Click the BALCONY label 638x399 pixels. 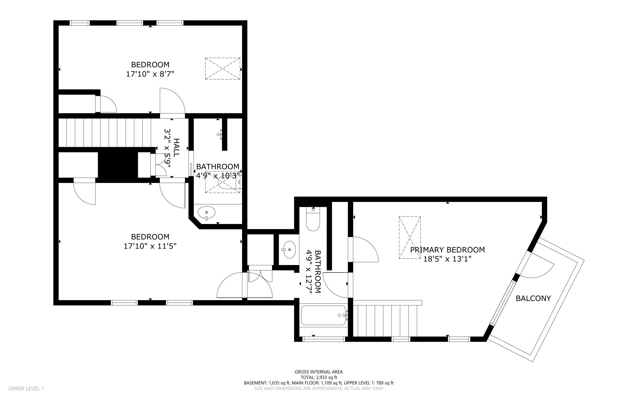(x=533, y=298)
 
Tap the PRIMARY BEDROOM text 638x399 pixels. (x=447, y=250)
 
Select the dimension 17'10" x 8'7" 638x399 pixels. (x=150, y=74)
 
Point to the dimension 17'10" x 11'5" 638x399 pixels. (x=150, y=246)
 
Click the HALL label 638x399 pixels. (x=176, y=148)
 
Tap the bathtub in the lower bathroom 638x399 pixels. (x=323, y=315)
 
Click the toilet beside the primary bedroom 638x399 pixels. (x=313, y=219)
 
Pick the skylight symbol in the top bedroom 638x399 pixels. (x=223, y=69)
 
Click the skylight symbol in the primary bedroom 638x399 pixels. (x=410, y=237)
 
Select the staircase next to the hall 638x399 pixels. (x=104, y=133)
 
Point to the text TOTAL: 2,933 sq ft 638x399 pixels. (x=319, y=377)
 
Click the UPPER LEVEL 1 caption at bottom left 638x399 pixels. (x=26, y=388)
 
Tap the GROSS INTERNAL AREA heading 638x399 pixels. (x=319, y=372)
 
